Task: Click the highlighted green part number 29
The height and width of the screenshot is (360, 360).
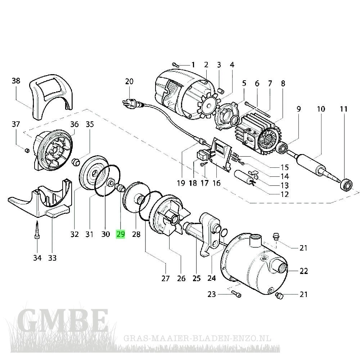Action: (120, 235)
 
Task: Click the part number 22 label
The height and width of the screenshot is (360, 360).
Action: (304, 271)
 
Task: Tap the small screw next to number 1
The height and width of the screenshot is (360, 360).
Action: (176, 65)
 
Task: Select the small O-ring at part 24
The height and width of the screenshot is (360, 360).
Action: (223, 232)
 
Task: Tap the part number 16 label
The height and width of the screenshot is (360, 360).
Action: (216, 183)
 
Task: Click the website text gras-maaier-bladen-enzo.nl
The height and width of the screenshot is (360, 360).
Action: (197, 339)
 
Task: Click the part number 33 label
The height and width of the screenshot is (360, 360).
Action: (53, 258)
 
